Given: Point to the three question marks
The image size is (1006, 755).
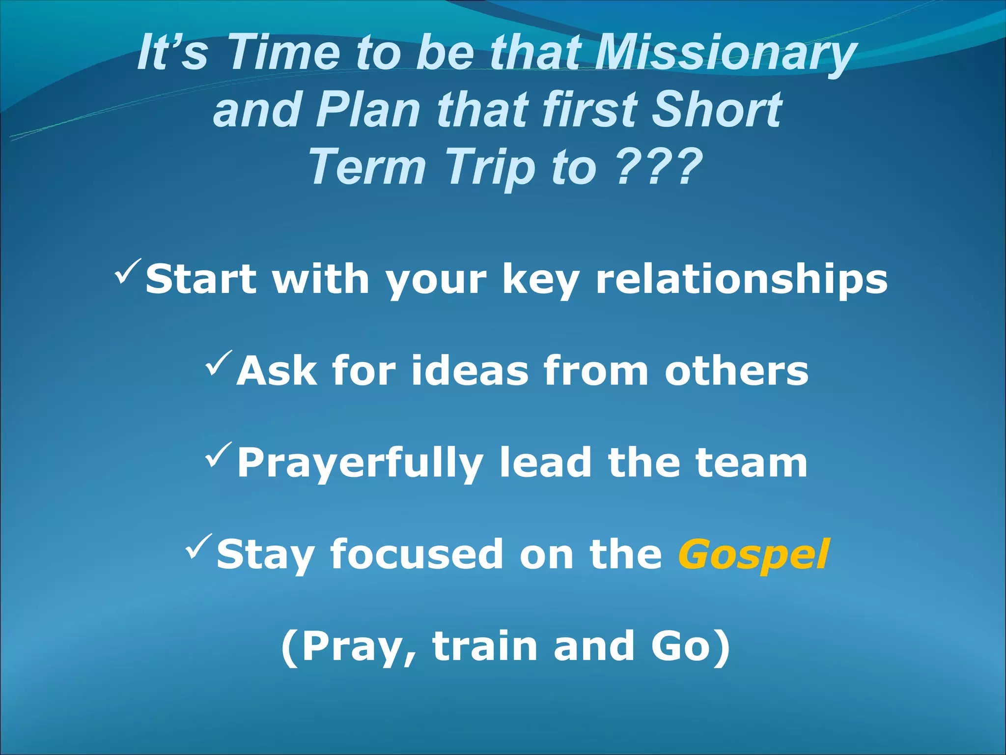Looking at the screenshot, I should click(x=658, y=167).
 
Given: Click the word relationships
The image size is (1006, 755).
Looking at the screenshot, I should click(x=741, y=279).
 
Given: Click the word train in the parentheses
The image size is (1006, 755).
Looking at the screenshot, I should click(x=484, y=646).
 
